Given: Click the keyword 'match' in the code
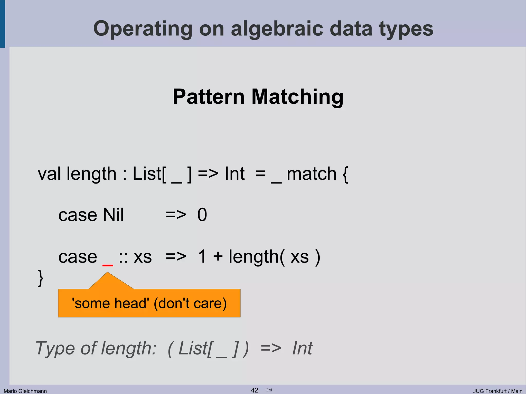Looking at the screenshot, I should (x=311, y=174).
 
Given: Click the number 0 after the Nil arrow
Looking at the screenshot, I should (x=202, y=215).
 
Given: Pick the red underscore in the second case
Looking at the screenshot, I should (x=108, y=265).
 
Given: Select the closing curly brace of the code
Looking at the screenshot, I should (x=41, y=278).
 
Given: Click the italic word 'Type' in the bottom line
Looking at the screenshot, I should (x=55, y=349).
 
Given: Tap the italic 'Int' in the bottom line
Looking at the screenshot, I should (x=302, y=348).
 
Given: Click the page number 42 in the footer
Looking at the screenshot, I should (x=254, y=390).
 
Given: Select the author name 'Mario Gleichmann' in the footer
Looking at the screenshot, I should (x=25, y=391).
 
